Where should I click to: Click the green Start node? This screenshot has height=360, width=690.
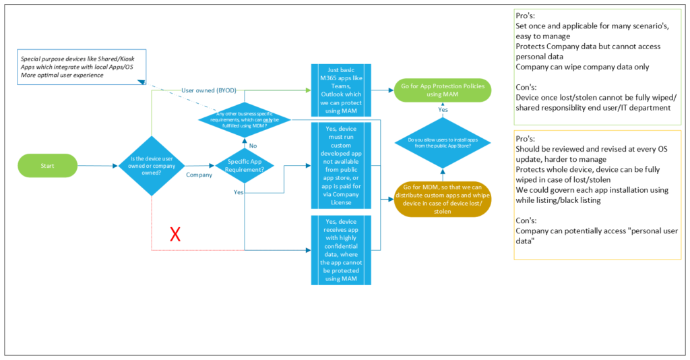[x=48, y=165]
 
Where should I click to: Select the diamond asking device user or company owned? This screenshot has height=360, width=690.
[x=152, y=165]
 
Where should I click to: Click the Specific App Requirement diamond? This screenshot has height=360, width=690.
[x=244, y=165]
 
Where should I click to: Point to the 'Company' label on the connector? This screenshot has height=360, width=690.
[x=199, y=174]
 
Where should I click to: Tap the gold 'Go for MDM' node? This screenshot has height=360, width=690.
[x=442, y=199]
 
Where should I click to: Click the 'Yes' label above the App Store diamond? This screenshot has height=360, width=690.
[x=443, y=110]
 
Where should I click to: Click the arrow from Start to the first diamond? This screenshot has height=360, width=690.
[x=98, y=165]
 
